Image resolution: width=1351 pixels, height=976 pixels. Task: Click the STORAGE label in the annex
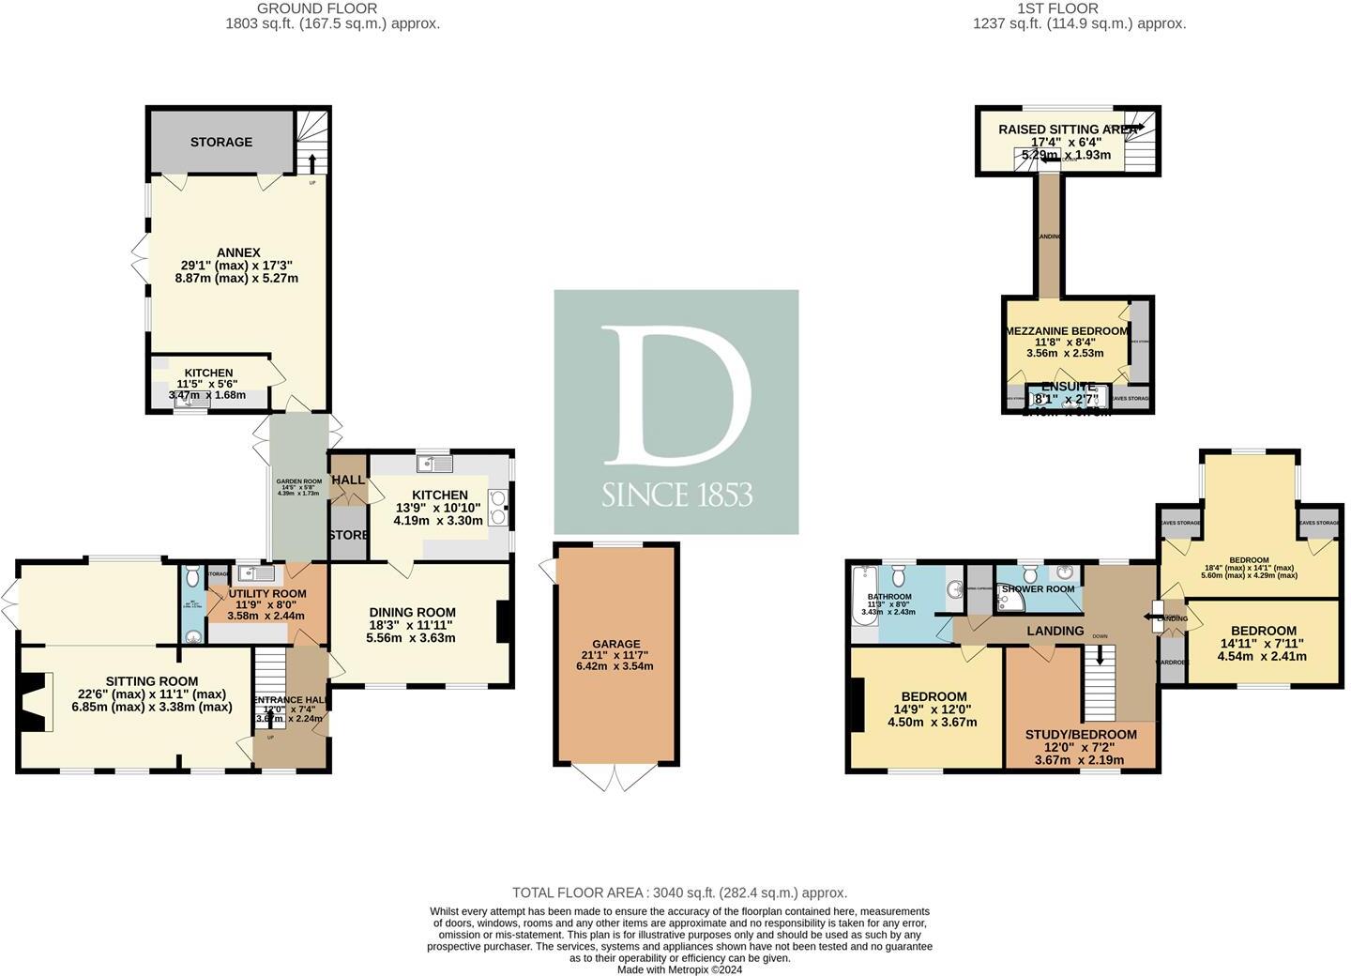[x=221, y=142]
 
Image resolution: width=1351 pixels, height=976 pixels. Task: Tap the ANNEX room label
[x=238, y=252]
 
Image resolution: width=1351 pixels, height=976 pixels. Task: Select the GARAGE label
[x=615, y=644]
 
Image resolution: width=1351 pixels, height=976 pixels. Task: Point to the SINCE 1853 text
[x=676, y=495]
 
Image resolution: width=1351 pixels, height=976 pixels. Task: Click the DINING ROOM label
[x=411, y=612]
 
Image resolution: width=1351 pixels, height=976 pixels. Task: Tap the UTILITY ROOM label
[x=267, y=593]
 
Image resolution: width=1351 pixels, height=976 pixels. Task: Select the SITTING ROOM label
[x=151, y=681]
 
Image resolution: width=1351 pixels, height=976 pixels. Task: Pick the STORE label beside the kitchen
[x=348, y=535]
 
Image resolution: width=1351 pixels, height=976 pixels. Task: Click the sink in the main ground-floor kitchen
[x=437, y=463]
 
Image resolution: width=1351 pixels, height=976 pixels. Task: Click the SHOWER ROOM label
[x=1037, y=589]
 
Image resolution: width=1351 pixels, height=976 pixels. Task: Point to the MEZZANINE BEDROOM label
[x=1066, y=331]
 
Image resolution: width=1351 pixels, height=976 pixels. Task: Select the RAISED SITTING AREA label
[x=1066, y=130]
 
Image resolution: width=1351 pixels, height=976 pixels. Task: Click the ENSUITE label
[x=1068, y=387]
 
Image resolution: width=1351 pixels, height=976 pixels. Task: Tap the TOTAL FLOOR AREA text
[x=679, y=892]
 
